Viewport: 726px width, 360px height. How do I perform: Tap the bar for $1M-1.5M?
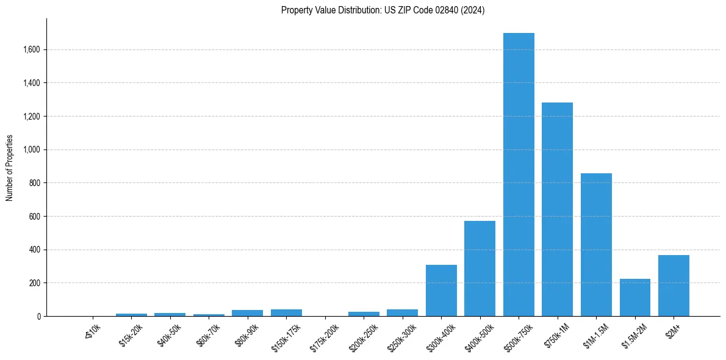[596, 245]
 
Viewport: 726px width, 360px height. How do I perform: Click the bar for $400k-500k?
[480, 268]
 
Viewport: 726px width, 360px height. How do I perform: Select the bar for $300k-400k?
[441, 290]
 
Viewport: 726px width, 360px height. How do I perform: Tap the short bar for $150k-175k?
[286, 313]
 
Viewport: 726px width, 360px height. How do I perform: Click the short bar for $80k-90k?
[247, 313]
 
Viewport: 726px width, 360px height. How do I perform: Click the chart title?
[383, 10]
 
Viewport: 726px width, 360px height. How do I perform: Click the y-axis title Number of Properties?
[10, 168]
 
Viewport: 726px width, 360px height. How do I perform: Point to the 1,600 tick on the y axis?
[32, 49]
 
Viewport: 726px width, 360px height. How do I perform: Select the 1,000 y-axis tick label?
[32, 149]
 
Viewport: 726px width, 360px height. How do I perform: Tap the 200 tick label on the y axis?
[35, 283]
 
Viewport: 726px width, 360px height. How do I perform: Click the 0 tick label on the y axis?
[39, 316]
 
